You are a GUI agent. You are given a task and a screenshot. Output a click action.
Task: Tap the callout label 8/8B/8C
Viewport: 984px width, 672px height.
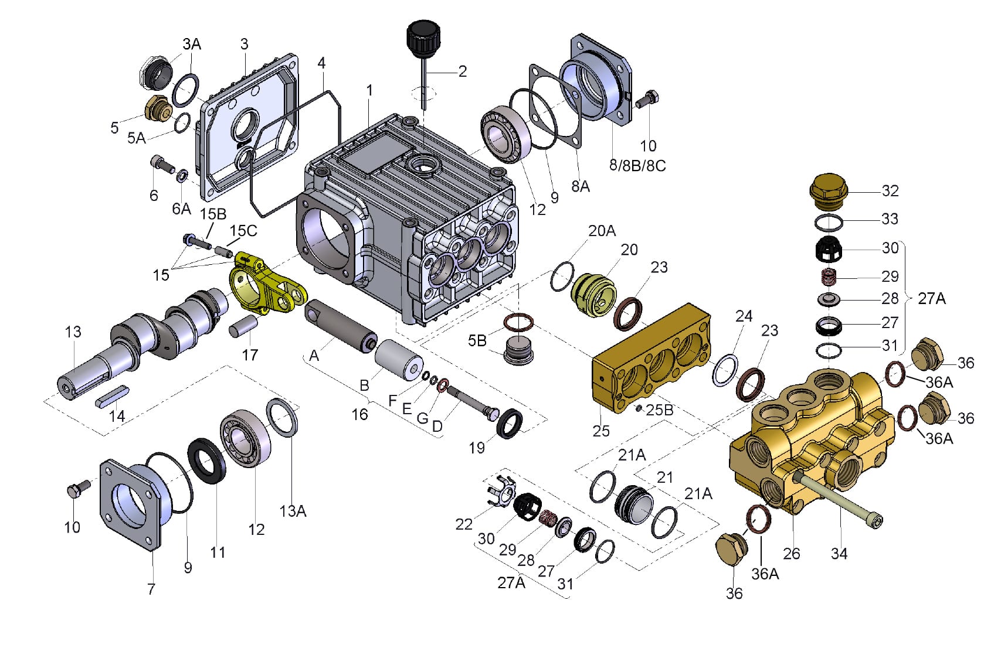637,166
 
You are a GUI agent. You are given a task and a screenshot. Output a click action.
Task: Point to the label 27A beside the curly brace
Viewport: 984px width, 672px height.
931,299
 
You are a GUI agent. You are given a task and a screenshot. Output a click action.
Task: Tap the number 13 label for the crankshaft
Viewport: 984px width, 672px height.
73,332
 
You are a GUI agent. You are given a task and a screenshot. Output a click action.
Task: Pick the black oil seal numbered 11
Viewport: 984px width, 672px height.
206,461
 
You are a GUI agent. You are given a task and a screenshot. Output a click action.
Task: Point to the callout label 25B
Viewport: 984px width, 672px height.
659,410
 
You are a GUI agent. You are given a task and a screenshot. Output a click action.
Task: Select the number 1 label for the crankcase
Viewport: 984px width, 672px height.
369,91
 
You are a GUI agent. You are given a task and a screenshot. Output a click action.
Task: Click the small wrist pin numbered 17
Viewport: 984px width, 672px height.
243,325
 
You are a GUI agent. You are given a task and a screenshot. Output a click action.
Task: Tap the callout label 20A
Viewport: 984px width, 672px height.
602,231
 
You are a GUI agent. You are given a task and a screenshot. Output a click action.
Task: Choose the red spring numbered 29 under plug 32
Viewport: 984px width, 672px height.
828,276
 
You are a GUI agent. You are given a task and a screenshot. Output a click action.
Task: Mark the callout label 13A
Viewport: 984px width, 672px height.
293,511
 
